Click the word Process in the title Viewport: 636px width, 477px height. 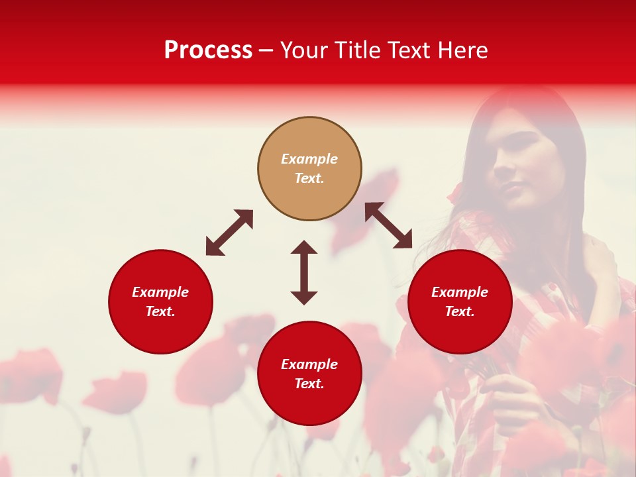pyautogui.click(x=208, y=50)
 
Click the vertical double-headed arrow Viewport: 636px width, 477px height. pyautogui.click(x=304, y=272)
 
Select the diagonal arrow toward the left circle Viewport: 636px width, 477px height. pyautogui.click(x=229, y=233)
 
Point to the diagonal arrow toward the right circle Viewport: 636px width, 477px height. pyautogui.click(x=389, y=225)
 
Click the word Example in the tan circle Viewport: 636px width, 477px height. pyautogui.click(x=309, y=159)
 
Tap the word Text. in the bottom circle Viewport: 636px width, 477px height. pyautogui.click(x=309, y=384)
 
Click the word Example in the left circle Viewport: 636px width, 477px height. pyautogui.click(x=160, y=292)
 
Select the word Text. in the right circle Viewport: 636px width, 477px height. pyautogui.click(x=460, y=311)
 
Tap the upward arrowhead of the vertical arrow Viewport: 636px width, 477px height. pyautogui.click(x=304, y=248)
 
